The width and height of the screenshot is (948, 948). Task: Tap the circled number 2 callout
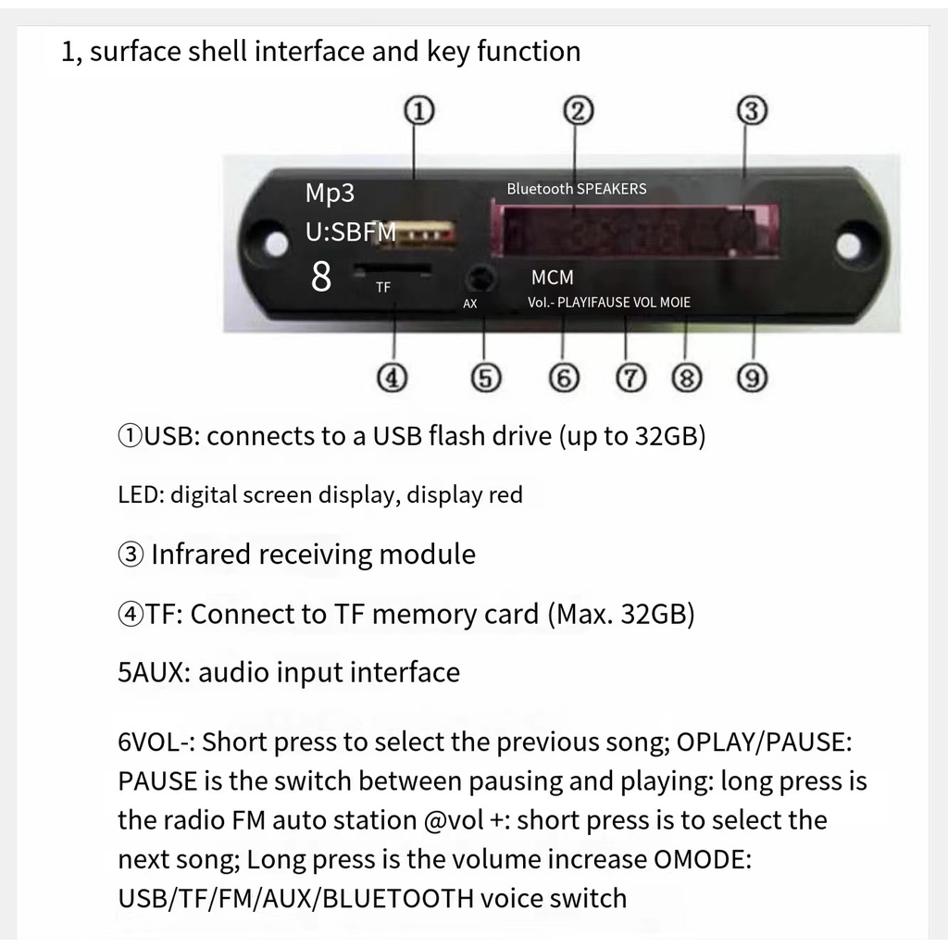coord(578,112)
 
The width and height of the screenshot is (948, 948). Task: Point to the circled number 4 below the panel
coord(393,378)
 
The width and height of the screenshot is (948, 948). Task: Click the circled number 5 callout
coord(485,378)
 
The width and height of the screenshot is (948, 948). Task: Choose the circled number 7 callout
coord(630,378)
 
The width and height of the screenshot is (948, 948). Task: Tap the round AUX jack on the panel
coord(479,278)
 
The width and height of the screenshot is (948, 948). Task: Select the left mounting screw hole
coord(276,243)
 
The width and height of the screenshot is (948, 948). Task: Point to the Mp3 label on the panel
coord(330,193)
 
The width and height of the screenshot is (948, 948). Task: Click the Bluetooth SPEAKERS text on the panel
coord(576,189)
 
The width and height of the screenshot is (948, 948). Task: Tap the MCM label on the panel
coord(552,277)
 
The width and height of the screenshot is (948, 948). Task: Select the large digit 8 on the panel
coord(321,277)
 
